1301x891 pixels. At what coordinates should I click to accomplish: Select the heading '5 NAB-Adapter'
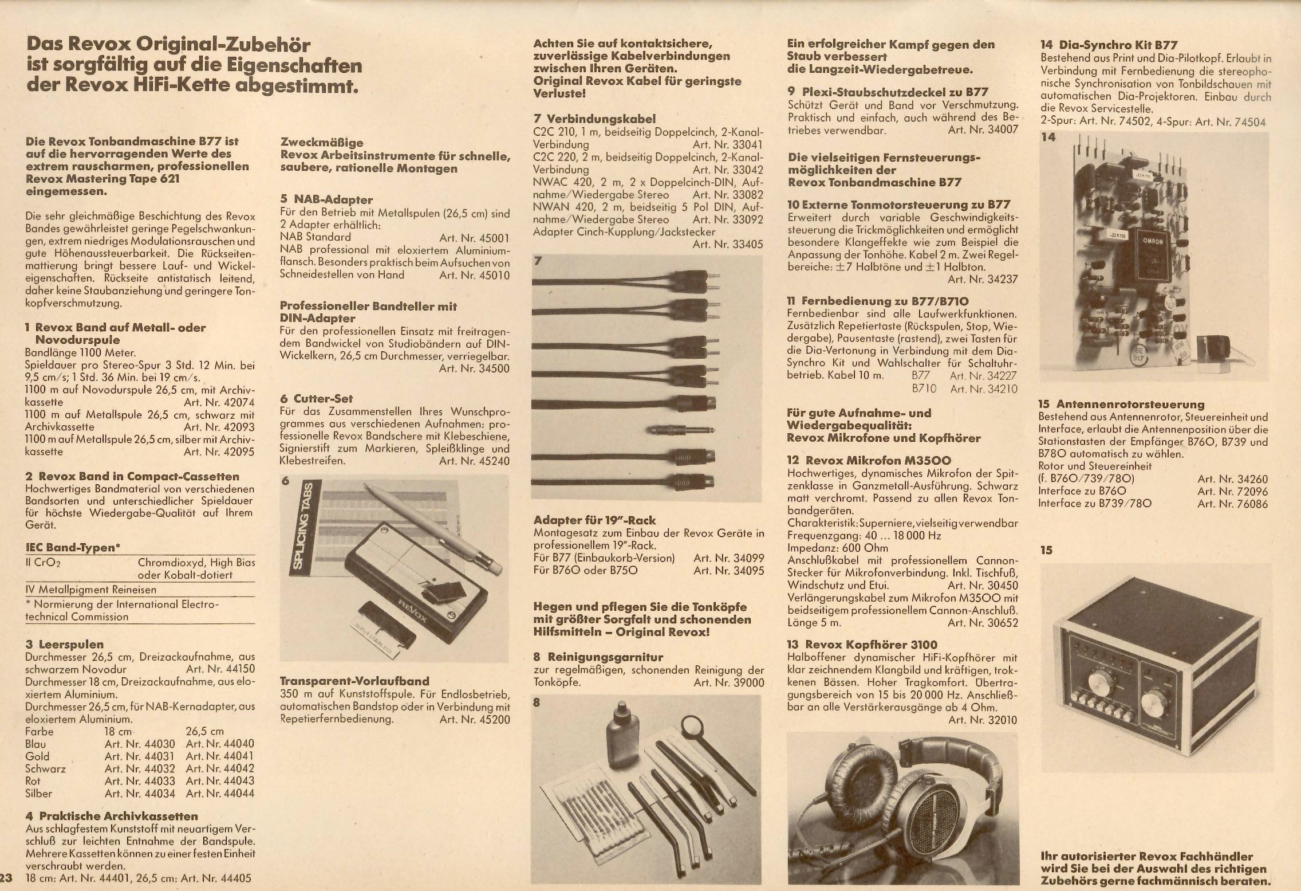click(326, 200)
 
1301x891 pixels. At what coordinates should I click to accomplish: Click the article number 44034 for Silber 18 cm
click(140, 794)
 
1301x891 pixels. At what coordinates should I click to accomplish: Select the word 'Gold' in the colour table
click(37, 756)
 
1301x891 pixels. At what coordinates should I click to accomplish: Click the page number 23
click(6, 878)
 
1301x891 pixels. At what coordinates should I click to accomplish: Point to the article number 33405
click(728, 244)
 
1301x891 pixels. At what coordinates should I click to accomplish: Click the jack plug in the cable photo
click(679, 430)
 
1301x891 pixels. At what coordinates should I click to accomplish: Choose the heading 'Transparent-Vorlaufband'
click(354, 681)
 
